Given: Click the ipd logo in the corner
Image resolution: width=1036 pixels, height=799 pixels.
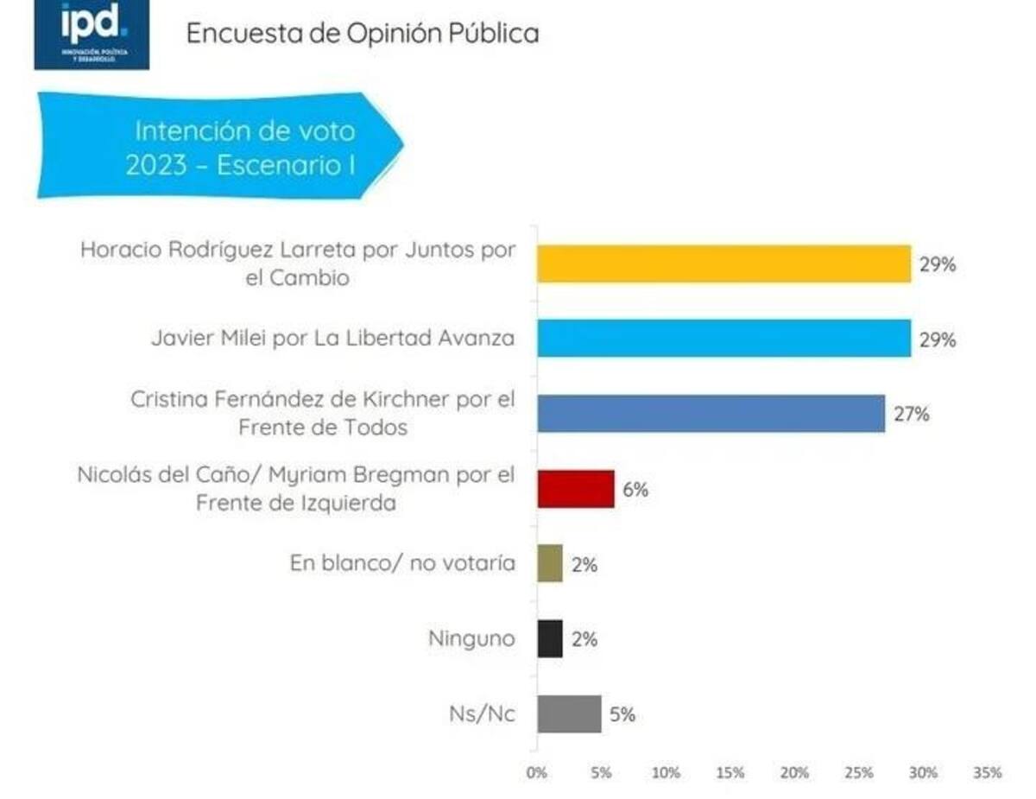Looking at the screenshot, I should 91,35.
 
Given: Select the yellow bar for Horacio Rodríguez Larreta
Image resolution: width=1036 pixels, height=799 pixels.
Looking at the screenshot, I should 723,263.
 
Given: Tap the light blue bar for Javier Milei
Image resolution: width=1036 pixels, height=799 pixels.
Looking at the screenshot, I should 723,338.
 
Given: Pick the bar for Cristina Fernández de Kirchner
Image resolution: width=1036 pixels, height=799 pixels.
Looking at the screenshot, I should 711,413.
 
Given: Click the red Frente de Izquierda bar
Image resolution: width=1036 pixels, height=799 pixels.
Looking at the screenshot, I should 575,489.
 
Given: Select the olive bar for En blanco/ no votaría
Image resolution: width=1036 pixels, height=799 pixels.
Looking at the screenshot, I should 550,563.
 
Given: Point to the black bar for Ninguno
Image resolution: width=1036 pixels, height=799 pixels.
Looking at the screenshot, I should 550,638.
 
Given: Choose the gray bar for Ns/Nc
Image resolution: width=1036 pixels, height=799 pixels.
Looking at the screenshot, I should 569,713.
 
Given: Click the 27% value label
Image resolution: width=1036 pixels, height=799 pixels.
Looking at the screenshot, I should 911,415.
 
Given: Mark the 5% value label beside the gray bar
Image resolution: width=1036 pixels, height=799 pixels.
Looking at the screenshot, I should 622,714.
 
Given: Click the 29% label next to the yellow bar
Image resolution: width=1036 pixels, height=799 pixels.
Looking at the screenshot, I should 937,264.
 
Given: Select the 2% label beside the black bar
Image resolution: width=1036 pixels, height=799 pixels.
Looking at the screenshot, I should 584,639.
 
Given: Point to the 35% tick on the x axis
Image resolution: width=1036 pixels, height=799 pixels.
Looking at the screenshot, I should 988,772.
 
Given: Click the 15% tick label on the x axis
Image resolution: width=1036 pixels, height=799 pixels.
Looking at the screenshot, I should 730,772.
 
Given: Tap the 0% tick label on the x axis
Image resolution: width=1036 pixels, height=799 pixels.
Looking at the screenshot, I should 537,772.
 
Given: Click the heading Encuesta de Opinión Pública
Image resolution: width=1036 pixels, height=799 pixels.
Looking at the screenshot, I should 363,33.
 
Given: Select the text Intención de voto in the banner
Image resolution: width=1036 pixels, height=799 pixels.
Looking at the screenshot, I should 244,131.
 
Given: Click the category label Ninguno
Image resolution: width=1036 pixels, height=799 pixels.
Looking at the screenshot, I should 471,639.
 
